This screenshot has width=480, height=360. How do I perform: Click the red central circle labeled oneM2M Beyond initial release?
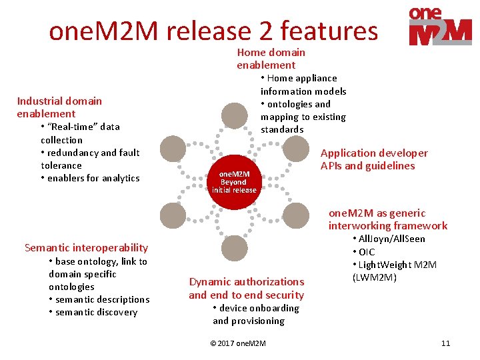coord(234,181)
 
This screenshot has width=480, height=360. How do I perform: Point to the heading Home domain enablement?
coord(271,59)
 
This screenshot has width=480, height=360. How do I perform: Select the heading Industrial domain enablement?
coord(59,107)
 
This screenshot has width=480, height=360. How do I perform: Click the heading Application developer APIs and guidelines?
coord(374,159)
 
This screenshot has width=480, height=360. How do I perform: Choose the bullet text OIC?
coord(367,252)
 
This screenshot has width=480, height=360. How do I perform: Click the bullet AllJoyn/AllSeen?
coord(391,239)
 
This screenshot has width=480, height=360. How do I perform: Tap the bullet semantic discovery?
coord(96,312)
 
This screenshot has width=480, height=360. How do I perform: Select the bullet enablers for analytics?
coord(93,178)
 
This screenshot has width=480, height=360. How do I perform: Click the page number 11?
coord(445,343)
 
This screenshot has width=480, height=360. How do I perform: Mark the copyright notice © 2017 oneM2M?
coord(237,343)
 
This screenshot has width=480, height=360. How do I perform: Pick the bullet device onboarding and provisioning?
coord(255,314)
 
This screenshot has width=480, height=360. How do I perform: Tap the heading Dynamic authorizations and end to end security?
coord(246,288)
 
